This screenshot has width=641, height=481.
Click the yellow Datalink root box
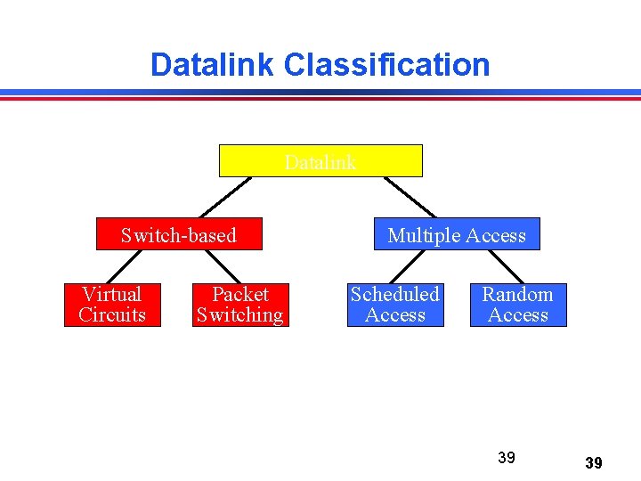coord(320,161)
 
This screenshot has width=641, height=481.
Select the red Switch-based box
coord(179,234)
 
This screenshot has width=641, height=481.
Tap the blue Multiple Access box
coord(457,234)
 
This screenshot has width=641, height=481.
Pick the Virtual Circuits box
coord(112,305)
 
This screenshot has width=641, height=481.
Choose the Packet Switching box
coord(239,305)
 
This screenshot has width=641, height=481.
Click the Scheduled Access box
coord(394,305)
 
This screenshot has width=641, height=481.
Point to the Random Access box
coord(518,305)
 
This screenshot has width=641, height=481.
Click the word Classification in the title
coord(386,64)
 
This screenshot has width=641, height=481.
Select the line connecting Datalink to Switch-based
coord(226,197)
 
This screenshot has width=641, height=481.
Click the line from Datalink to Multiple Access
coord(410,197)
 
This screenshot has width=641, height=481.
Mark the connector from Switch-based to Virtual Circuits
coord(126,266)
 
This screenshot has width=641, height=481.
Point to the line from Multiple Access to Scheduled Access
coord(406,266)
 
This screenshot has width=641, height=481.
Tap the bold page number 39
coord(594,463)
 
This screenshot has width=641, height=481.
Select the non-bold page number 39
coord(507,458)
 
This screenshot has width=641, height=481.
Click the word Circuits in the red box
coord(112,315)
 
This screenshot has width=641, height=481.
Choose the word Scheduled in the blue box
coord(394,294)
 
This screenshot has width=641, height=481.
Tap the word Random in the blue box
coord(518,294)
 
